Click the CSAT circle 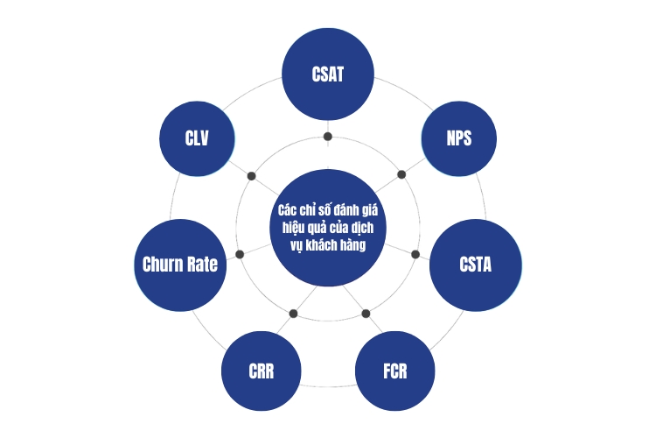328,74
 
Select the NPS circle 459,138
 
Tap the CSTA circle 476,265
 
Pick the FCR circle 395,371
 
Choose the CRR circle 261,371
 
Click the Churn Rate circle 180,265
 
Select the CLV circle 197,138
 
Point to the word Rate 202,265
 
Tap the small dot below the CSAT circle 328,137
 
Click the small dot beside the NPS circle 401,174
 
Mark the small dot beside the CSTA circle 415,254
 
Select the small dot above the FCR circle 366,314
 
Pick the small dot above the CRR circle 293,314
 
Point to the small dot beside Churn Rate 240,254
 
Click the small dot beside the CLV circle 251,176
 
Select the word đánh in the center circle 347,210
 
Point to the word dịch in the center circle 363,229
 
